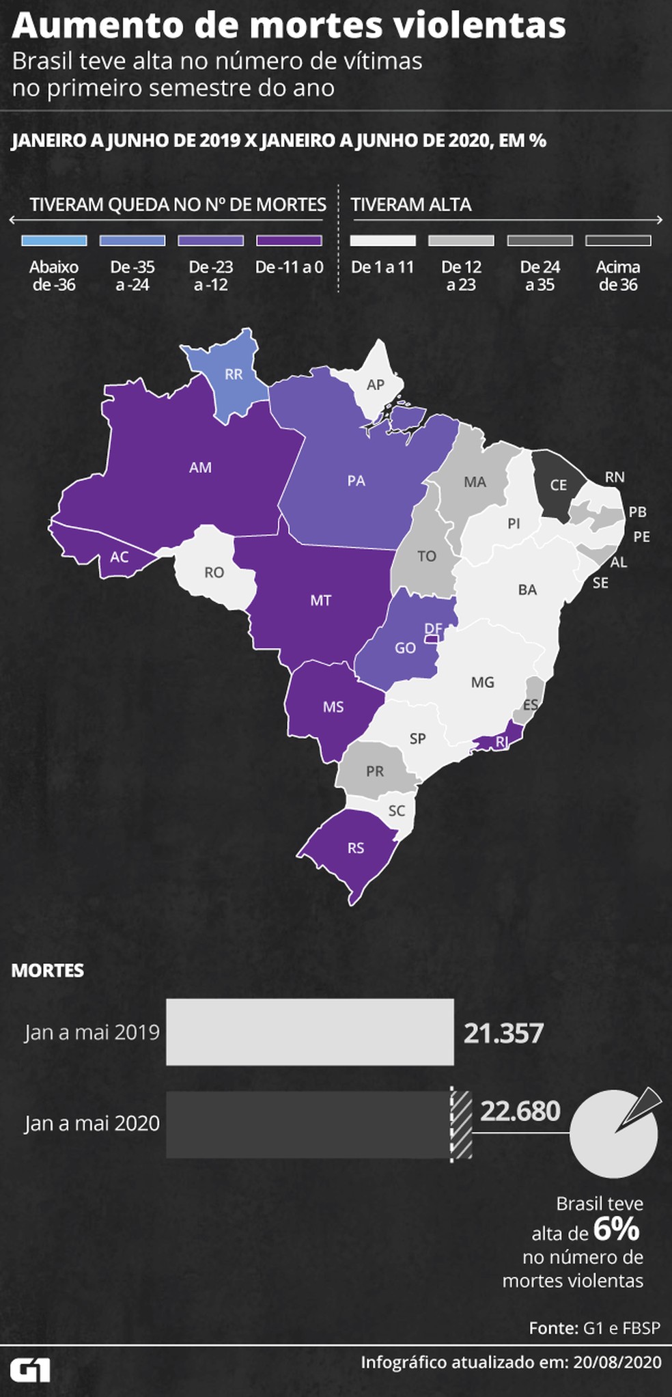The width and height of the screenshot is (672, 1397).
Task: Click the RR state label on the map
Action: (x=234, y=374)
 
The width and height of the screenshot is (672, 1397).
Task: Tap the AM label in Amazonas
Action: (x=200, y=467)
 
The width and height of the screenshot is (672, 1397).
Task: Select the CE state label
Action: (x=559, y=485)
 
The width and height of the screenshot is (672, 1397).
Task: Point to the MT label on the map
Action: (x=320, y=600)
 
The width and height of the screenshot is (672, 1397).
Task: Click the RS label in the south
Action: (x=355, y=848)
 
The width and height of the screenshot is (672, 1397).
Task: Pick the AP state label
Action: (x=376, y=385)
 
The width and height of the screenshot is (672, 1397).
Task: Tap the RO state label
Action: (x=214, y=572)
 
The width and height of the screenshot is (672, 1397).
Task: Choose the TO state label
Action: (x=427, y=556)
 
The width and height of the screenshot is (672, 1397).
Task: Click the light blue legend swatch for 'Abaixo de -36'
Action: (x=54, y=240)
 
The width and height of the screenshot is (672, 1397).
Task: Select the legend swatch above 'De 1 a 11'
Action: (x=382, y=240)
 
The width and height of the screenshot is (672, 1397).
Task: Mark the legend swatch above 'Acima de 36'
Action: (x=618, y=240)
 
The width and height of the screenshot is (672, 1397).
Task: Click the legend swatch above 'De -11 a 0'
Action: (x=289, y=240)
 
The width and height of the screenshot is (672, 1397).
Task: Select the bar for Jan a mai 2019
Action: (x=309, y=1032)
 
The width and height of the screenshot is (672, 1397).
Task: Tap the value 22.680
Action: (x=520, y=1111)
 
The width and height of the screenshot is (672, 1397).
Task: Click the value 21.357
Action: (x=503, y=1033)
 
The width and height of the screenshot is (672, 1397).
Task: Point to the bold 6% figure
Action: (x=616, y=1230)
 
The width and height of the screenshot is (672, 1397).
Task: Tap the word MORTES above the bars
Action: (x=48, y=971)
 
